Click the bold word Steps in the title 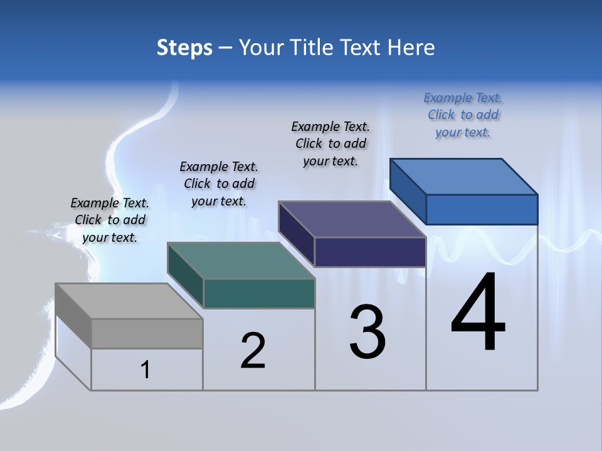(x=184, y=48)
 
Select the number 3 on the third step (x=367, y=332)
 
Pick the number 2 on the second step (x=253, y=351)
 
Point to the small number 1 (x=145, y=370)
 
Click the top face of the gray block (x=129, y=301)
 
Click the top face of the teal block (x=241, y=261)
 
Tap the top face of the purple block (x=352, y=219)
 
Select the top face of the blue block (x=464, y=177)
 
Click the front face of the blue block (x=482, y=209)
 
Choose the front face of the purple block (x=370, y=252)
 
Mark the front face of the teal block (x=259, y=293)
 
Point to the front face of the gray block (x=147, y=333)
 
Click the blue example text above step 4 (x=463, y=115)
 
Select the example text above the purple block (x=330, y=143)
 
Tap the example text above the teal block (x=219, y=184)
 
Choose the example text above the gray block (x=110, y=220)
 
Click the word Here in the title (x=411, y=48)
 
